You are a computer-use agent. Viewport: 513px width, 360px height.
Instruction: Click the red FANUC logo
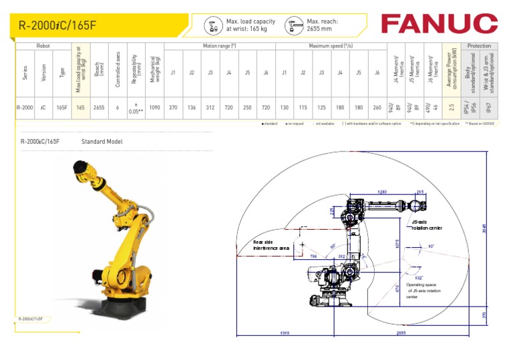(439, 24)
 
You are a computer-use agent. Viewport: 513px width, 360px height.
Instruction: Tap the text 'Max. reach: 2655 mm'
(319, 25)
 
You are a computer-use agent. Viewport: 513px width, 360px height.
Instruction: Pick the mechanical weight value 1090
(154, 107)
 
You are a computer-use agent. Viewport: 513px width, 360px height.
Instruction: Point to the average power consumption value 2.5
(452, 107)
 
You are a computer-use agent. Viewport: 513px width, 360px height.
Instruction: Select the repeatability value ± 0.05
(136, 108)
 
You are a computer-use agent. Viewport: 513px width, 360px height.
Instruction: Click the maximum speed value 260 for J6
(377, 107)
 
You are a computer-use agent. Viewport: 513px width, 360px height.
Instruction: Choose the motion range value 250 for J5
(247, 107)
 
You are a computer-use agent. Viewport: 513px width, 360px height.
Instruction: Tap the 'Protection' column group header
(479, 46)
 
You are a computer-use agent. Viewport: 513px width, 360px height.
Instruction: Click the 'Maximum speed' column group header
(331, 46)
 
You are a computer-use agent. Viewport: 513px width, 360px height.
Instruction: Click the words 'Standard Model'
(102, 142)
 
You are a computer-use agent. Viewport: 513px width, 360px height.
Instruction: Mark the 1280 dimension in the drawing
(382, 192)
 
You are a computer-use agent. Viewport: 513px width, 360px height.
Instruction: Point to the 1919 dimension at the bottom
(284, 333)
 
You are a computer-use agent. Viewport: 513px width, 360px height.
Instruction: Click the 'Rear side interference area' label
(271, 245)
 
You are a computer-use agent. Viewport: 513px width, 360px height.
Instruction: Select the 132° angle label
(419, 277)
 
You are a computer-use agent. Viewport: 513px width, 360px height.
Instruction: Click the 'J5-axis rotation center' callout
(426, 224)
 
